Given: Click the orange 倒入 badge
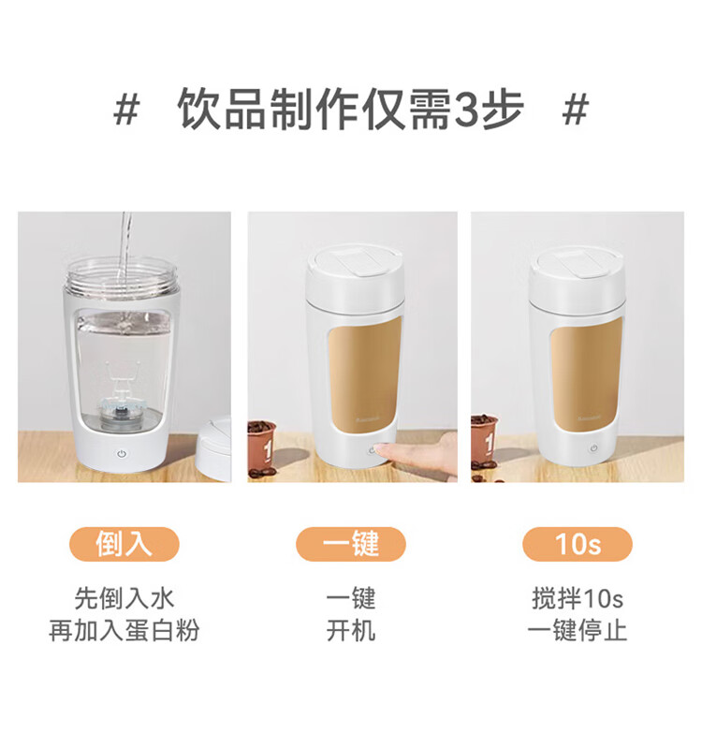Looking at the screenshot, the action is (124, 544).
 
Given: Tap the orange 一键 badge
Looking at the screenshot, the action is (351, 544).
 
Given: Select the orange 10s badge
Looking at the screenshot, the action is (578, 544).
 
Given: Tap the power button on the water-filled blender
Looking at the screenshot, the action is (122, 453).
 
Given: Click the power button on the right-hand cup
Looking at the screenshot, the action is (593, 447).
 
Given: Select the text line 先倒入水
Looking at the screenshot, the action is (124, 598).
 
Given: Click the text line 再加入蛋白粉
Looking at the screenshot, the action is (124, 630).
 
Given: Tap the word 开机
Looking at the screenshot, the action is (351, 630).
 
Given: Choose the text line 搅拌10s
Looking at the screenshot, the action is (578, 598).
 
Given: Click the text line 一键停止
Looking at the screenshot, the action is (578, 630).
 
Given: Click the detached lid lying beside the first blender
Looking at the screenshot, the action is (214, 447).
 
